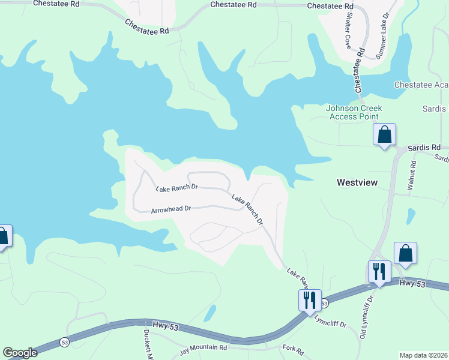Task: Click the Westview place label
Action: [357, 182]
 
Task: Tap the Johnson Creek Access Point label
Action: [354, 112]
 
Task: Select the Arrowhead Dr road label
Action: [170, 209]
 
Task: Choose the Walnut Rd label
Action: [412, 175]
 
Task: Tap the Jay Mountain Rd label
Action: [203, 347]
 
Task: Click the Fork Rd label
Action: [293, 348]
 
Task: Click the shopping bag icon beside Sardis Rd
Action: [384, 134]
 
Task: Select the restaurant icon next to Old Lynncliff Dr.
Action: [379, 271]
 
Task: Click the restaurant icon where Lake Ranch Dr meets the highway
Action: [309, 298]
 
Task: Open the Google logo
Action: [20, 353]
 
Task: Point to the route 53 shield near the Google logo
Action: [64, 342]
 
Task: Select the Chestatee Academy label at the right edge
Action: [421, 85]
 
